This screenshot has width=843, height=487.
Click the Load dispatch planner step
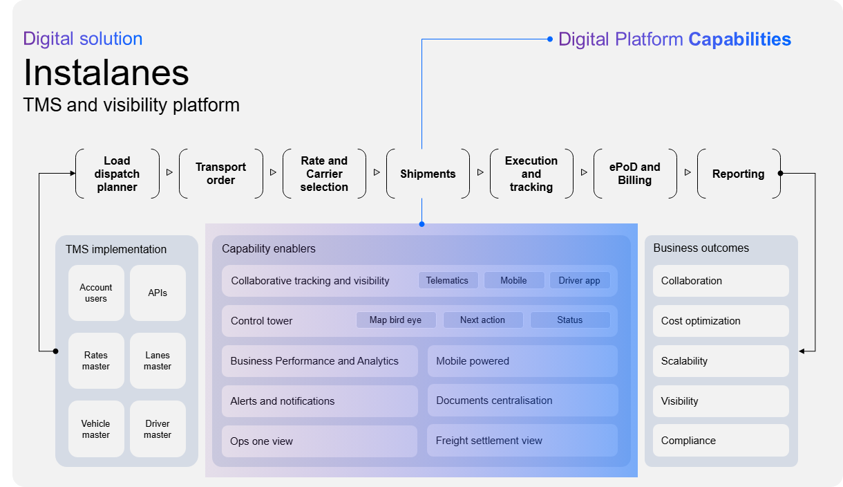click(x=117, y=174)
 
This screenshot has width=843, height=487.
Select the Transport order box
click(x=220, y=174)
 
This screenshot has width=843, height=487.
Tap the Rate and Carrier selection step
click(x=324, y=174)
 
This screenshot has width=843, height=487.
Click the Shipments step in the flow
click(x=428, y=174)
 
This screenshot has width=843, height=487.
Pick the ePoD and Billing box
click(x=634, y=174)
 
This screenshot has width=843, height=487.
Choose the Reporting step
click(x=738, y=174)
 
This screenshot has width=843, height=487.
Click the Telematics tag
click(x=447, y=280)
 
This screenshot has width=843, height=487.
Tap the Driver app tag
click(x=579, y=280)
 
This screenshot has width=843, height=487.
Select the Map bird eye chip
click(x=397, y=320)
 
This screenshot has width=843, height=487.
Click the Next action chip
click(x=482, y=320)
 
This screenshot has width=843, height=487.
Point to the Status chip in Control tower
click(x=569, y=320)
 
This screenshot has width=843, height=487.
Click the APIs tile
click(x=158, y=293)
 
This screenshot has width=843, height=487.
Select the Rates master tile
click(x=96, y=360)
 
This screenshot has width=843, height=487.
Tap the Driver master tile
click(x=158, y=429)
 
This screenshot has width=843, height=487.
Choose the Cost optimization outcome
click(x=720, y=321)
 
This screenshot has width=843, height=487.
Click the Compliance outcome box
click(x=720, y=441)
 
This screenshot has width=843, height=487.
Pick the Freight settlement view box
click(x=522, y=441)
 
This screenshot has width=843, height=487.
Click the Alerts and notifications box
click(x=319, y=401)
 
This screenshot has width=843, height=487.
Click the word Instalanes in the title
click(x=106, y=73)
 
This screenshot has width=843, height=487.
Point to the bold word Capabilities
click(x=739, y=39)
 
